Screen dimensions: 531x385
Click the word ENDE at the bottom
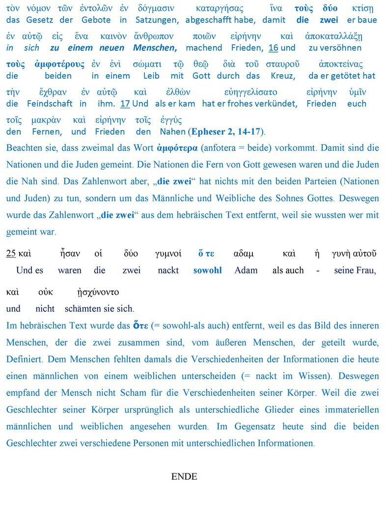click(x=184, y=476)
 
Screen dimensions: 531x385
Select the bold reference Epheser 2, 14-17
click(x=226, y=132)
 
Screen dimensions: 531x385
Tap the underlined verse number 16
click(x=274, y=48)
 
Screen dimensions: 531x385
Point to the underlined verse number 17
click(x=125, y=104)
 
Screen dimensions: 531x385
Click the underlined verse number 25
click(x=11, y=254)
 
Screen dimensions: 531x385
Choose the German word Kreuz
click(x=283, y=76)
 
